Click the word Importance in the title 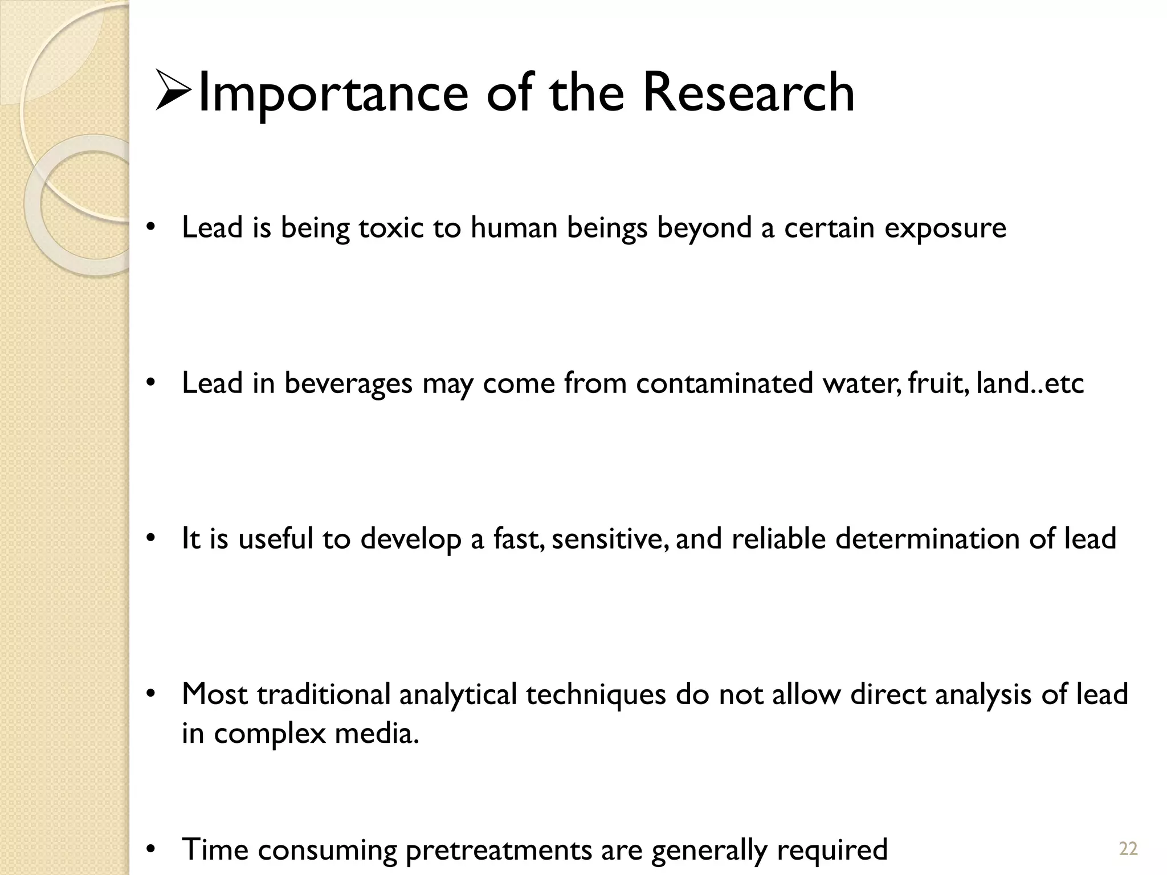333,93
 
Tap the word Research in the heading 748,92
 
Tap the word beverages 348,383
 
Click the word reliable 778,539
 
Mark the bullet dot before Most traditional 150,694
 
